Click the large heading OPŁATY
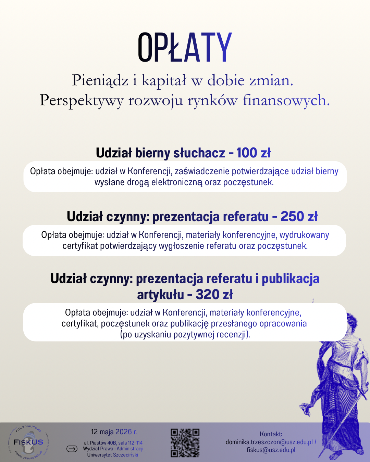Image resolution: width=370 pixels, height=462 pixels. coord(185,48)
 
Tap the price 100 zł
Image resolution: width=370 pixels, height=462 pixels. coord(254,153)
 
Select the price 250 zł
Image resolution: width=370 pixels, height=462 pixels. coord(299,217)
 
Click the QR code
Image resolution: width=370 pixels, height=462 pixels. coord(185,443)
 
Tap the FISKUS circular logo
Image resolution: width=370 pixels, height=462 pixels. coord(28,442)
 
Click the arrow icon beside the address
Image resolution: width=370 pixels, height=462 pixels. coord(72,449)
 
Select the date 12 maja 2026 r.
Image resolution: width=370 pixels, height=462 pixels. coord(114,432)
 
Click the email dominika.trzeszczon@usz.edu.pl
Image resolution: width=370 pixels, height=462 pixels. coord(269,442)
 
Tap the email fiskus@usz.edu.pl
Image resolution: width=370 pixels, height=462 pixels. coord(271,450)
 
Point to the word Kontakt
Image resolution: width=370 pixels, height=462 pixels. coord(271,434)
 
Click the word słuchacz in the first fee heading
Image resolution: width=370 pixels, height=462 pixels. coord(199,153)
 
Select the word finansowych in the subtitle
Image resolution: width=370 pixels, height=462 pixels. coord(286,101)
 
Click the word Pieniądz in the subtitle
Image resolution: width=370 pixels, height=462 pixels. coord(100,81)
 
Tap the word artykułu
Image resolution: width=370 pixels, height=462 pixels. coord(160,295)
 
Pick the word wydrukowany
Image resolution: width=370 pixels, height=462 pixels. coord(304,235)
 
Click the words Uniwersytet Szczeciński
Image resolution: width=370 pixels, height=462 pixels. coord(112,455)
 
